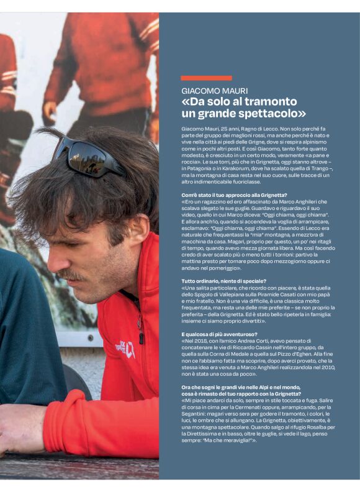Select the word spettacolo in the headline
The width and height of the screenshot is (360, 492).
(269, 114)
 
